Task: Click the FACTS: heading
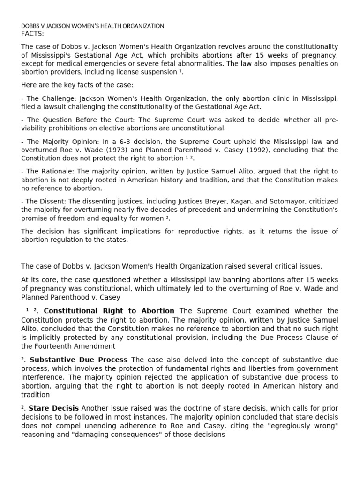coord(32,33)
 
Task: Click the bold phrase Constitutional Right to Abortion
coord(109,311)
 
